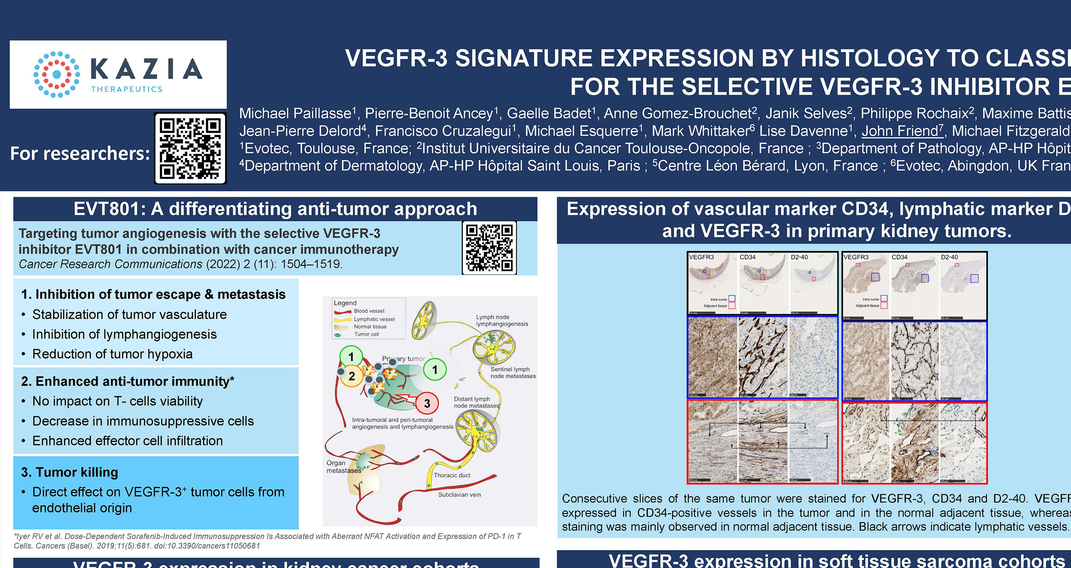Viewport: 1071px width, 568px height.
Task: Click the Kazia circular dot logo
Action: pyautogui.click(x=57, y=74)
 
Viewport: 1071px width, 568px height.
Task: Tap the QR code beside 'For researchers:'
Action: pyautogui.click(x=190, y=148)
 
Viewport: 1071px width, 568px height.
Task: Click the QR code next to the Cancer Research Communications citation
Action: pyautogui.click(x=489, y=248)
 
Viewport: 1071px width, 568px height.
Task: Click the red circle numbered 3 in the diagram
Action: pyautogui.click(x=427, y=403)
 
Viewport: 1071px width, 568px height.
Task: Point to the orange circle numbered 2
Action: pyautogui.click(x=351, y=376)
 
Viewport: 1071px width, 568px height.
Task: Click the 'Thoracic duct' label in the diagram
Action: pyautogui.click(x=452, y=475)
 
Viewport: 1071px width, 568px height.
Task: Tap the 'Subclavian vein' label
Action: pyautogui.click(x=459, y=495)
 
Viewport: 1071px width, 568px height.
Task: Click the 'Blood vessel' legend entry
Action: pyautogui.click(x=369, y=311)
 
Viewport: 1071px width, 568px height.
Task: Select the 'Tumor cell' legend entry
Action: pyautogui.click(x=366, y=334)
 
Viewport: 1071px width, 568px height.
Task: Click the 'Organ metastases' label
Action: pyautogui.click(x=343, y=467)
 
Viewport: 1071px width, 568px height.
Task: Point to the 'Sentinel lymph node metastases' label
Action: pyautogui.click(x=513, y=372)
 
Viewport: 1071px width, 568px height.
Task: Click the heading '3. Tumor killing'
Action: pyautogui.click(x=69, y=472)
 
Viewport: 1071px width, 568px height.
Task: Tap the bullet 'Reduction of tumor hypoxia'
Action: pyautogui.click(x=112, y=354)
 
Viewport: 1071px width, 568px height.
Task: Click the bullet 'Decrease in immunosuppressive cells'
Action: pyautogui.click(x=143, y=421)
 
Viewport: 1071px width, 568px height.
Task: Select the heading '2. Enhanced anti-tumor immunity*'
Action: pyautogui.click(x=128, y=381)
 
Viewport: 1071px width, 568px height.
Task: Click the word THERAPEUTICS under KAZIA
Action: pyautogui.click(x=127, y=89)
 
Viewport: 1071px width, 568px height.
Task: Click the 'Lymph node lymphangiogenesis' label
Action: pyautogui.click(x=502, y=320)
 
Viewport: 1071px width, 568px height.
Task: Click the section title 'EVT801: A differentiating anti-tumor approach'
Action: pyautogui.click(x=275, y=209)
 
